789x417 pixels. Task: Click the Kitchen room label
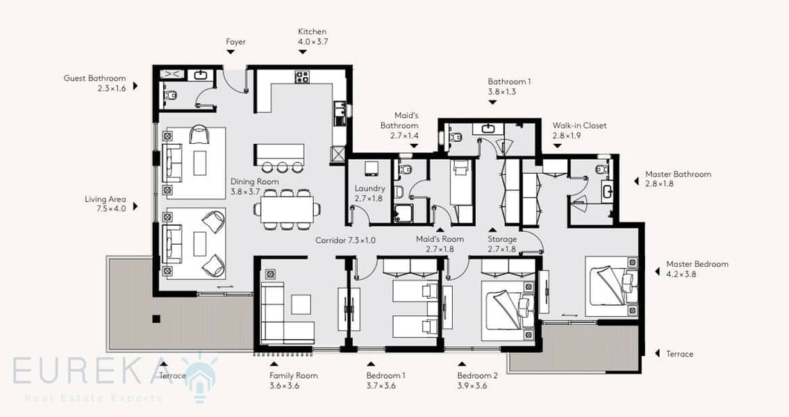[x=312, y=32]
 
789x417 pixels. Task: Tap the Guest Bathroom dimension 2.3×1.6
[x=112, y=89]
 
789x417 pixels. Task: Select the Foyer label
[x=235, y=42]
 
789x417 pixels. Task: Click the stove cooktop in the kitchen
[x=302, y=76]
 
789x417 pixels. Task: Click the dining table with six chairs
[x=284, y=209]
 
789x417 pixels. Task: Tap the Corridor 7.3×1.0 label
[x=345, y=240]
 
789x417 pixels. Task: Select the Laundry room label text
[x=369, y=188]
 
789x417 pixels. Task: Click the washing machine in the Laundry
[x=372, y=168]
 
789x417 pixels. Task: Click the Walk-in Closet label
[x=580, y=125]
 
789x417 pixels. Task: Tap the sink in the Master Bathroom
[x=607, y=191]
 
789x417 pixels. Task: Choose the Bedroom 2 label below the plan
[x=478, y=376]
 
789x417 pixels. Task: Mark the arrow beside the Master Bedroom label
[x=657, y=272]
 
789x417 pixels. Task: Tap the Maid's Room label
[x=440, y=239]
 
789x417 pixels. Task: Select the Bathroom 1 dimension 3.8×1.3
[x=501, y=92]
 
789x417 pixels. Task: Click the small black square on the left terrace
[x=156, y=319]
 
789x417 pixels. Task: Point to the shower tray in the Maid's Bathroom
[x=403, y=213]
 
